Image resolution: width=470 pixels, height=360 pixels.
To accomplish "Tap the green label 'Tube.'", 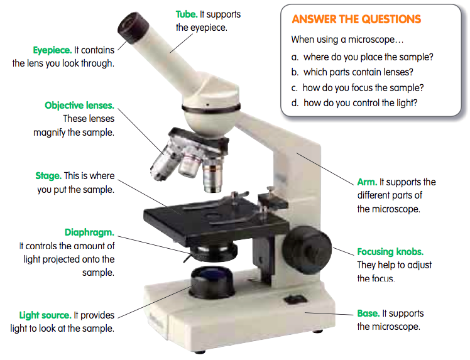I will click(x=187, y=14).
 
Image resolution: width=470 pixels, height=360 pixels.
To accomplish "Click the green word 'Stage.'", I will click(x=48, y=176).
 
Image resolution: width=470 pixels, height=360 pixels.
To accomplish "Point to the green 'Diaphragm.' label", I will click(x=89, y=232).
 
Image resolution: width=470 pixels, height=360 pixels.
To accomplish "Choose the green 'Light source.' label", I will click(x=45, y=315).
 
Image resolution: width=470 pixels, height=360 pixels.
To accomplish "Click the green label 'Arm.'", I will click(x=367, y=182).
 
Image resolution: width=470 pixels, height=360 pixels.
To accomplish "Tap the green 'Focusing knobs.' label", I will click(x=390, y=251).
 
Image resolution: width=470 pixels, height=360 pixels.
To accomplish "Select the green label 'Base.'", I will click(x=368, y=313).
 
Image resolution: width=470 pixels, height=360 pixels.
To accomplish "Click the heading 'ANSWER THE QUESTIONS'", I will click(x=356, y=19).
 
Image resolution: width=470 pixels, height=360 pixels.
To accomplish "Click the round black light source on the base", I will click(x=209, y=281).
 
